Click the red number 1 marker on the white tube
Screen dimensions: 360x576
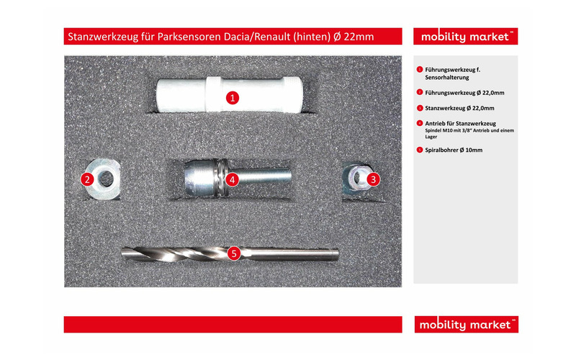coord(232,97)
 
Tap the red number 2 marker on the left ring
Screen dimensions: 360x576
coord(87,179)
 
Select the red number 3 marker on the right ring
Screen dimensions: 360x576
coord(373,179)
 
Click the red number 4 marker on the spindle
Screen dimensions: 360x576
coord(232,179)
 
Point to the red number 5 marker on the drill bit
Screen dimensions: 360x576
coord(233,253)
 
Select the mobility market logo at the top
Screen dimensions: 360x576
coord(466,37)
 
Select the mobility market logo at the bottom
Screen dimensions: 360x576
coord(466,325)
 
